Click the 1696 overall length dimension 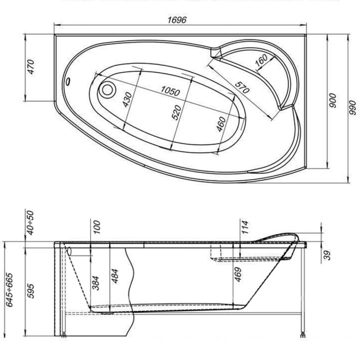[x=178, y=20]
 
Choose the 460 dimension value [x=222, y=125]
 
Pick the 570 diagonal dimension [x=240, y=88]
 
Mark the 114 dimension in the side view [x=244, y=227]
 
